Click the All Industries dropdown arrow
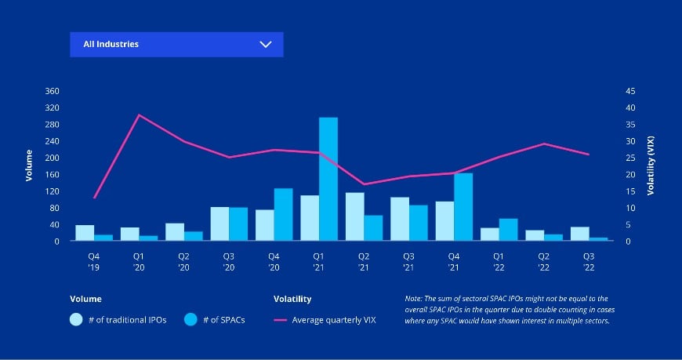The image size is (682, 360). click(265, 45)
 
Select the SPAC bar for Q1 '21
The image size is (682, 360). click(328, 179)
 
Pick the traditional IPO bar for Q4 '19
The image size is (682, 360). click(85, 233)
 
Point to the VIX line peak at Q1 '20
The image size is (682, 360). click(139, 115)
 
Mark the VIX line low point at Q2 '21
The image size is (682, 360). click(364, 184)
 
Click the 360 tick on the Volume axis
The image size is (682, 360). click(53, 91)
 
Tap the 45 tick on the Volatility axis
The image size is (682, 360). click(630, 91)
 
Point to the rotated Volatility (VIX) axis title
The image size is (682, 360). click(650, 165)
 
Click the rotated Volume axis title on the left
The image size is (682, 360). click(29, 165)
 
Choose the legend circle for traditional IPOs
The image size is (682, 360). click(76, 319)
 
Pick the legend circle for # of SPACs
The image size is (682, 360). click(190, 319)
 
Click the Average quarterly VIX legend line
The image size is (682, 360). click(280, 320)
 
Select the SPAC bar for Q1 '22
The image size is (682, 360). click(508, 230)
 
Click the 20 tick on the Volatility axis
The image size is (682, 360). click(630, 174)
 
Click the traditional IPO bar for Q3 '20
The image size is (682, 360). click(220, 224)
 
